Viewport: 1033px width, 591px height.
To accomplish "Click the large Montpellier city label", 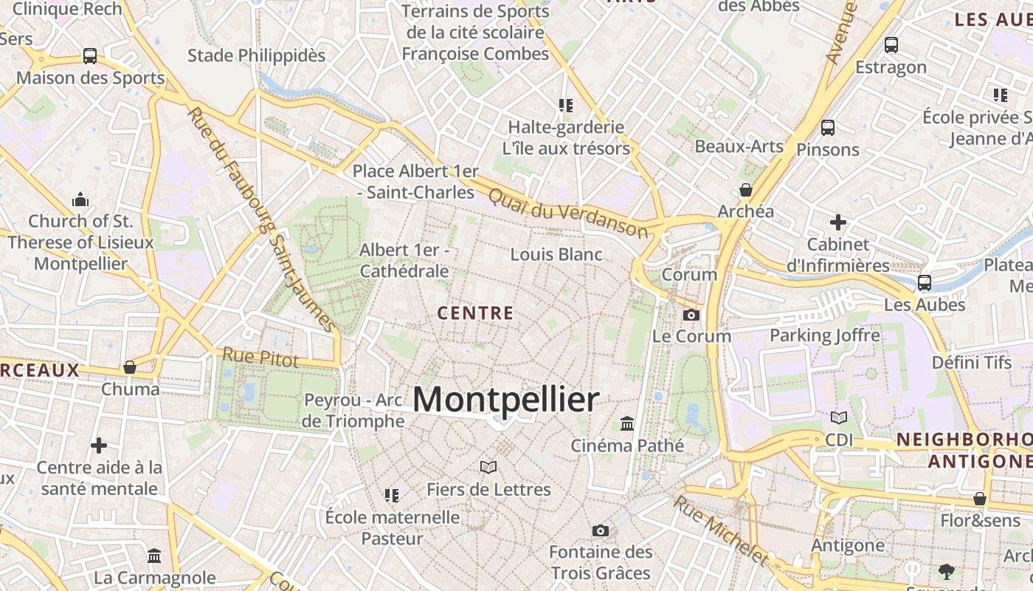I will (505, 400).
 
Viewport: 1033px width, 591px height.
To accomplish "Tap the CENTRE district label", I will (475, 313).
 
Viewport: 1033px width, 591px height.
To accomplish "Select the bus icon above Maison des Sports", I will (90, 55).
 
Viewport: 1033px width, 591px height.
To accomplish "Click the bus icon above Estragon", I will (891, 45).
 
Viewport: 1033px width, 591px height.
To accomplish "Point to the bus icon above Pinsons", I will (827, 128).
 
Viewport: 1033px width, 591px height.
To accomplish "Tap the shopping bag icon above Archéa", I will (746, 190).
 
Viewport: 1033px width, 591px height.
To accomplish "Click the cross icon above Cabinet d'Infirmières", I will (837, 222).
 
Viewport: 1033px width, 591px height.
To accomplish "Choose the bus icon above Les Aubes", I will (924, 283).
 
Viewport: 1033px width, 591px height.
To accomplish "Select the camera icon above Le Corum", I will (691, 315).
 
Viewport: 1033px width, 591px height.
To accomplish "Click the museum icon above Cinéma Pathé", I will (627, 423).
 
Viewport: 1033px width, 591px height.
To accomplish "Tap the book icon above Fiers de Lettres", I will (488, 467).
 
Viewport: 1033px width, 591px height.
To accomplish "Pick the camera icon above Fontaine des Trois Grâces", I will (601, 530).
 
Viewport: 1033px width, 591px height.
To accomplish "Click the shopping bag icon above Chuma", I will (130, 367).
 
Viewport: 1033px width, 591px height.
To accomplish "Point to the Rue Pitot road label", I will (260, 358).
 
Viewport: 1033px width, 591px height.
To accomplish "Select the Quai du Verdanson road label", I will (567, 213).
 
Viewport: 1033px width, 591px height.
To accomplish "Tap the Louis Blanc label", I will (556, 254).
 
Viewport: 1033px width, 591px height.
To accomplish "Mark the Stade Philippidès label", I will (256, 55).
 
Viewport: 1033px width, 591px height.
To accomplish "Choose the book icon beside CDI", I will (839, 418).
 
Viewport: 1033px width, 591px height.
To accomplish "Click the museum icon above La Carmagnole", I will (154, 556).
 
